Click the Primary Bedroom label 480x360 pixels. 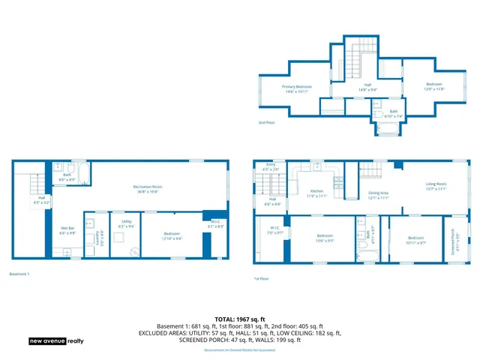click(297, 88)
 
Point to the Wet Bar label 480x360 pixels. click(67, 229)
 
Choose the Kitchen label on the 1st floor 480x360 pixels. click(318, 193)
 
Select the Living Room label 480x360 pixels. click(436, 185)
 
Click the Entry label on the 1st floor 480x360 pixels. click(271, 167)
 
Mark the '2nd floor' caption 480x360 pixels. click(267, 122)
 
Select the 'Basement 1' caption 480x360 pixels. click(20, 274)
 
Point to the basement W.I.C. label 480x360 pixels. click(215, 224)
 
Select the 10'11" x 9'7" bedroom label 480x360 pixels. click(415, 241)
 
